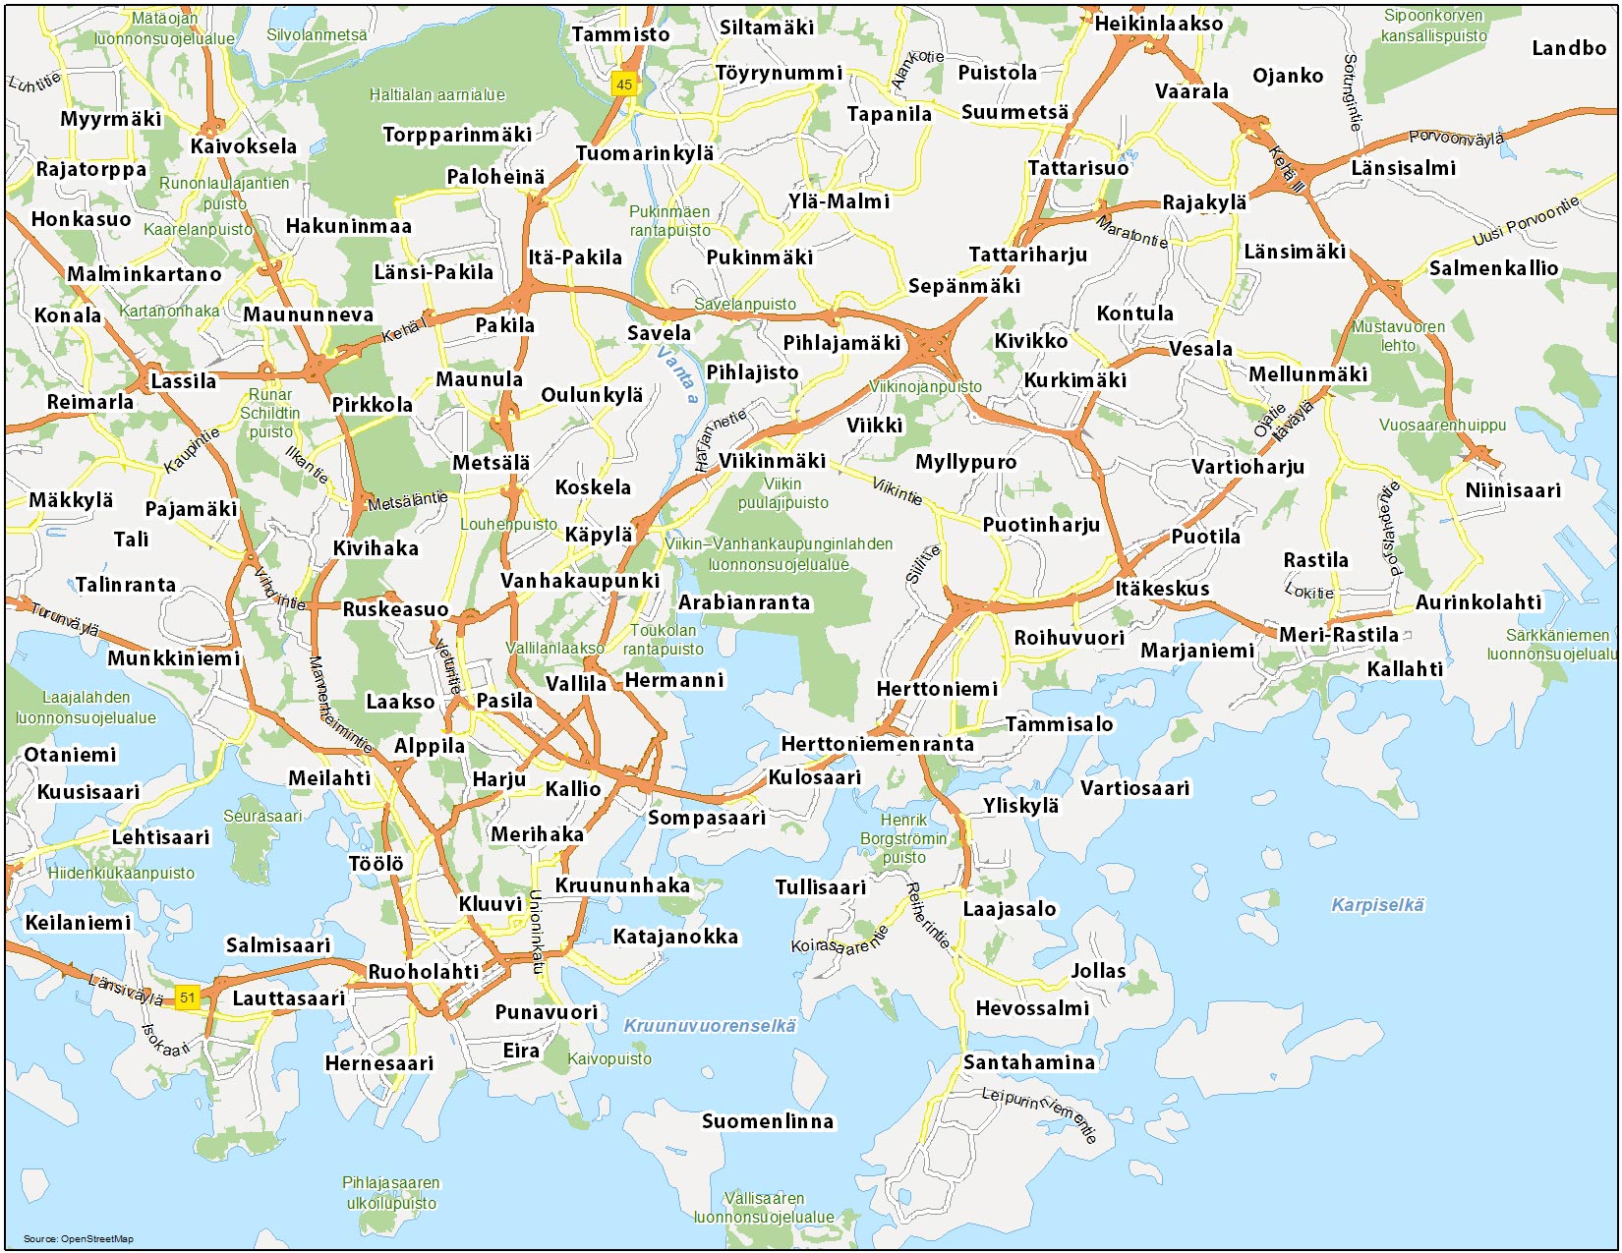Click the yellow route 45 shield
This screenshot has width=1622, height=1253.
(x=623, y=85)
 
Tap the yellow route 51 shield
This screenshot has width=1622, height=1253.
(x=187, y=997)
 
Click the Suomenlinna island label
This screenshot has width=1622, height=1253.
(x=767, y=1121)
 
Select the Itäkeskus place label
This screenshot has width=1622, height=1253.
(x=1162, y=589)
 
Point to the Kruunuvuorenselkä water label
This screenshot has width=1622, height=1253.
(x=710, y=1026)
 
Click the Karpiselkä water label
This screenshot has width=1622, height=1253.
(x=1377, y=905)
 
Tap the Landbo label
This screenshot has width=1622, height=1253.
(x=1568, y=48)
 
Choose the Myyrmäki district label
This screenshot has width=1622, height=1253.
(x=111, y=119)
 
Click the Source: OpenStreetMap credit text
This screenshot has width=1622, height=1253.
(x=79, y=1238)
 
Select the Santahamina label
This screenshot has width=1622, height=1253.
(x=1028, y=1062)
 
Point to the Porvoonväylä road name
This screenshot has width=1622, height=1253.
(x=1456, y=139)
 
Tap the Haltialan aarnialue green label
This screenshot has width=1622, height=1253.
(x=437, y=95)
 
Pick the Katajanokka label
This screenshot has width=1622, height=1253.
(x=675, y=937)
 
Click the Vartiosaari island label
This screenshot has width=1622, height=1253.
(x=1134, y=788)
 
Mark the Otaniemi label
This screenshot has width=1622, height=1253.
(x=70, y=755)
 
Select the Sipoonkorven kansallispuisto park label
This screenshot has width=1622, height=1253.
(x=1433, y=26)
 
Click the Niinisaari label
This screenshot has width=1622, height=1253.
(x=1512, y=490)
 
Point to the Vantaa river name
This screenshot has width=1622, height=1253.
(x=677, y=373)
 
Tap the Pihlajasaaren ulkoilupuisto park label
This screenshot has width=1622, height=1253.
(x=390, y=1193)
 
